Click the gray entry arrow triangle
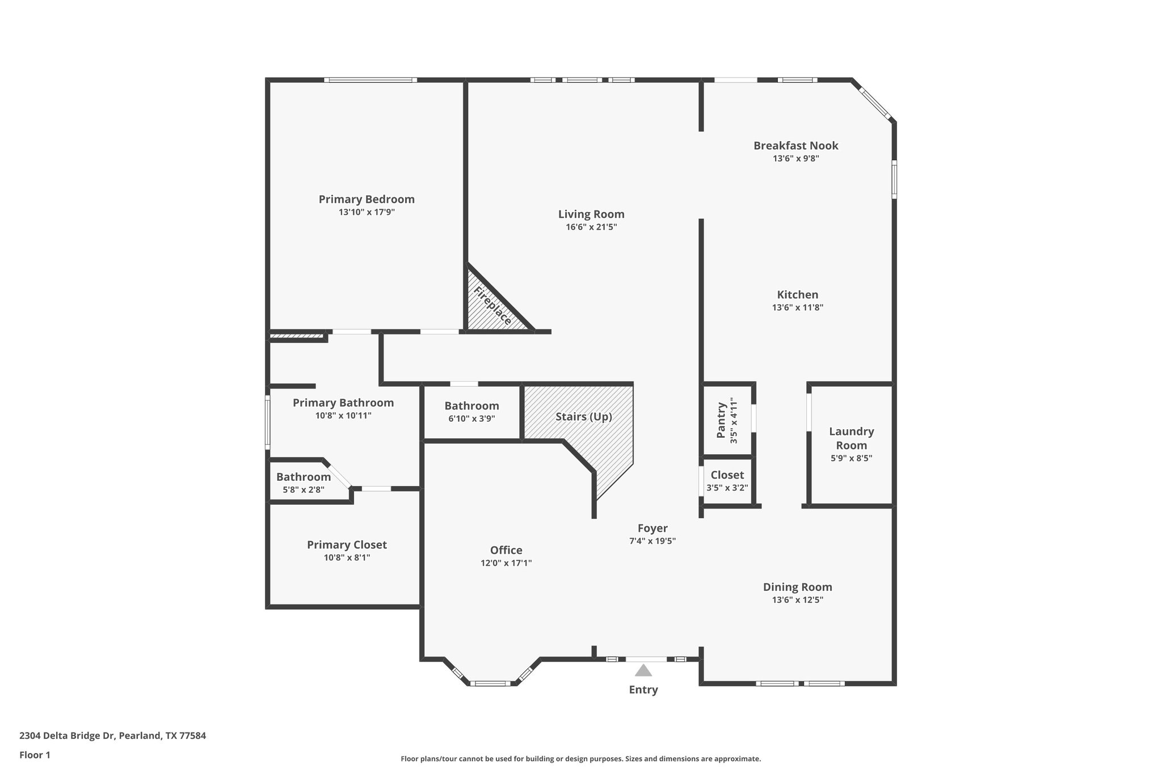click(643, 671)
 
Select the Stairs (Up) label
click(583, 417)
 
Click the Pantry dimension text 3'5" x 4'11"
click(734, 420)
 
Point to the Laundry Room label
click(851, 438)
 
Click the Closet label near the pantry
click(727, 475)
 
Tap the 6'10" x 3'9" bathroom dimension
click(471, 418)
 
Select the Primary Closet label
click(347, 545)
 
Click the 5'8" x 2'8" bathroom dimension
click(304, 489)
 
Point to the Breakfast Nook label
click(795, 146)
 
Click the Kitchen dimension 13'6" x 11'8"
click(797, 307)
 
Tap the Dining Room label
click(797, 587)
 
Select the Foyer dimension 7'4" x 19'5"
click(652, 541)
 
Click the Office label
click(506, 550)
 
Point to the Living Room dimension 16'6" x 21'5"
click(591, 227)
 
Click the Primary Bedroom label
click(367, 200)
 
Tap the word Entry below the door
click(643, 690)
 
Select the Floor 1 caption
click(35, 755)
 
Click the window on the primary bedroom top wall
click(370, 80)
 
